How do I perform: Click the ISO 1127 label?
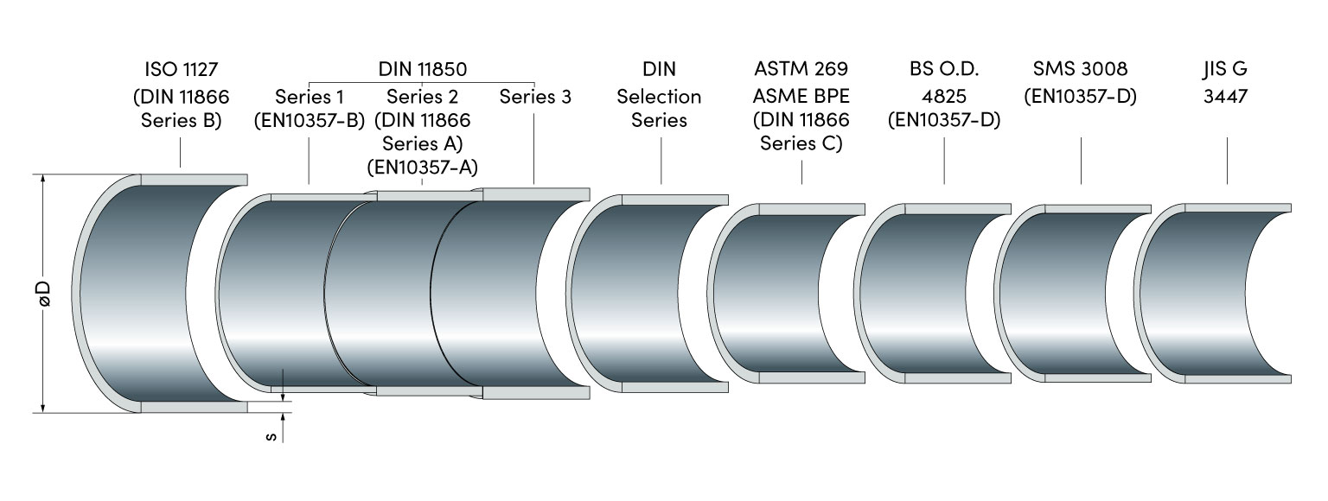pos(181,69)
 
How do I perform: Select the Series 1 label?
pos(310,96)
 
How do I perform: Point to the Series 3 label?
pos(535,96)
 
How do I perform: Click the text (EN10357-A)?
pos(423,168)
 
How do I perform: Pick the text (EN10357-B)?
pos(310,120)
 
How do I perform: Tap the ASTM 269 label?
pos(801,69)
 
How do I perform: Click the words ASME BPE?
pos(801,95)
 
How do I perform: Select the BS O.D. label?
pos(943,69)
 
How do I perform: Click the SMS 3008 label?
pos(1081,69)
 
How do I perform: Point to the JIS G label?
pos(1226,69)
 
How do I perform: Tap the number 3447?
pos(1226,96)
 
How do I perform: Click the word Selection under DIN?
pos(659,96)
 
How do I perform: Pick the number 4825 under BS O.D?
pos(943,95)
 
